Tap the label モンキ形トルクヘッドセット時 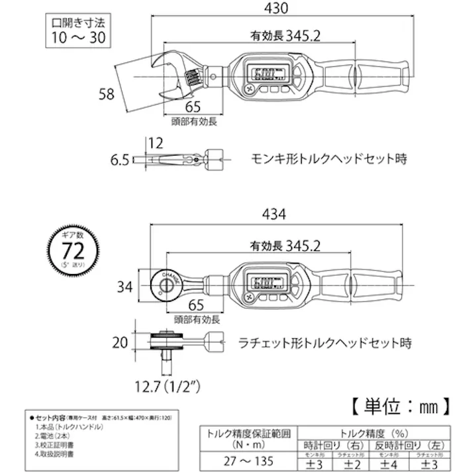coord(328,159)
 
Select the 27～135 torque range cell coord(246,457)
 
